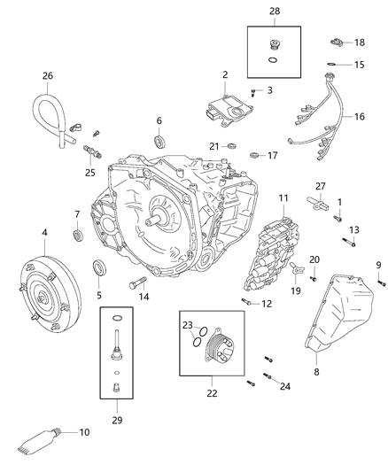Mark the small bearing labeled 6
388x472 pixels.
pos(159,141)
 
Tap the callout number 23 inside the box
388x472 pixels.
pos(189,324)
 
